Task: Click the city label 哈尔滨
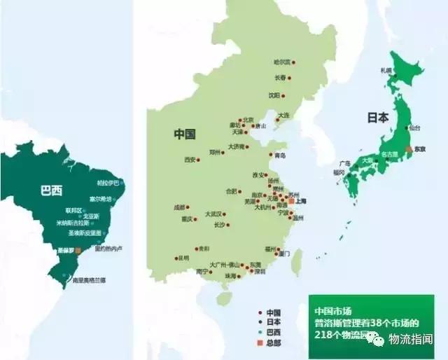[281, 62]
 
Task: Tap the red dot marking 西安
[198, 160]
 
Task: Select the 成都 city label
[179, 207]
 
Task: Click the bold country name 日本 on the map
[378, 118]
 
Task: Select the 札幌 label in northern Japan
[386, 70]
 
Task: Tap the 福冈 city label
[339, 172]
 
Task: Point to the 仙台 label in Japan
[414, 127]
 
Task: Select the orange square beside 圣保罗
[78, 249]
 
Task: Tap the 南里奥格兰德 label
[88, 280]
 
